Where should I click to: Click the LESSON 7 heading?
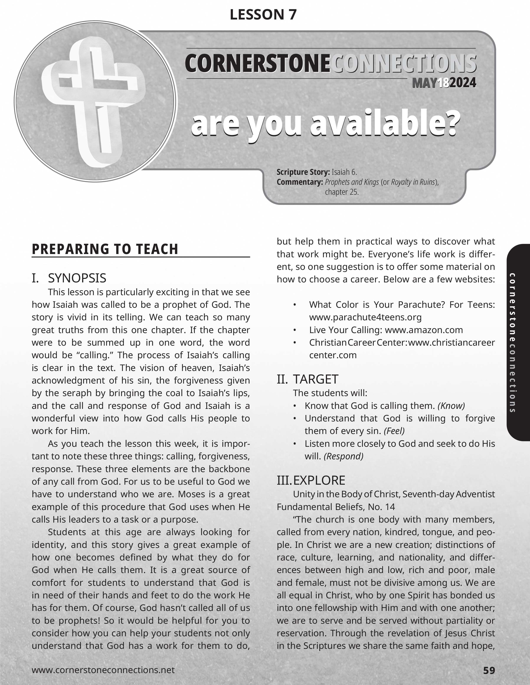click(x=263, y=15)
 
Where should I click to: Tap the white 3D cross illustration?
click(x=94, y=100)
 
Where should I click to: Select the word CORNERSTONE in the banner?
click(x=257, y=63)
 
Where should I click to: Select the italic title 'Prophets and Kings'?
click(x=352, y=182)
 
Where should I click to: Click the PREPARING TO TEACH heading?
click(x=105, y=249)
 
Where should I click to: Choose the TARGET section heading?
click(x=316, y=379)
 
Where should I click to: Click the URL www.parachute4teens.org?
click(x=365, y=317)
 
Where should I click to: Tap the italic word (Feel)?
click(x=394, y=431)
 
